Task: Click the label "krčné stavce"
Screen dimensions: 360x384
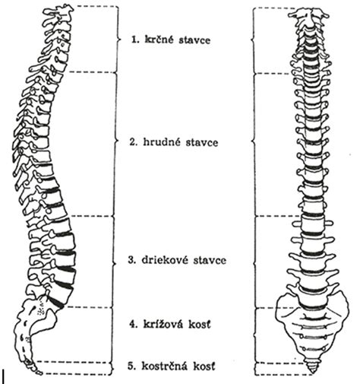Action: (178, 40)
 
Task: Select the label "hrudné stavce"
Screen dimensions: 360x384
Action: (181, 142)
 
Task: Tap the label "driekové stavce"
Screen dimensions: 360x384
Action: (184, 260)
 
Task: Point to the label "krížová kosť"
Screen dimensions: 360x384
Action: (177, 324)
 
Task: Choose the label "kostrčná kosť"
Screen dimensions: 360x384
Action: (178, 366)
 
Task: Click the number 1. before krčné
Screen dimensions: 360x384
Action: (135, 40)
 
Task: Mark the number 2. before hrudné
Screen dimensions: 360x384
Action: (134, 142)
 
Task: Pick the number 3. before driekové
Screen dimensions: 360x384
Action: (132, 260)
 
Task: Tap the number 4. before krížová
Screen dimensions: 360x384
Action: (134, 324)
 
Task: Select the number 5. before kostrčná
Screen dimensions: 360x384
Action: (132, 367)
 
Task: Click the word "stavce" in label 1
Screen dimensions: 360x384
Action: (194, 40)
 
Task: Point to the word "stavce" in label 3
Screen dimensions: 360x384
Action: (210, 261)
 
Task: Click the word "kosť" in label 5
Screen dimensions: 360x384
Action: (204, 366)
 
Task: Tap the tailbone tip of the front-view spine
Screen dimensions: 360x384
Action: (313, 373)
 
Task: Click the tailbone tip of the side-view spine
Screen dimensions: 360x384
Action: (39, 373)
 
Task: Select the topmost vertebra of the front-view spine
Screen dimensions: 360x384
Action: (308, 14)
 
